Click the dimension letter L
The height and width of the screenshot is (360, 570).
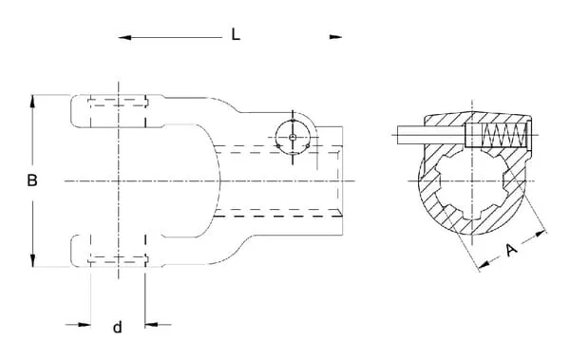(x=236, y=34)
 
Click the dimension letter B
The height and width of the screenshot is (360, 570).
(x=32, y=180)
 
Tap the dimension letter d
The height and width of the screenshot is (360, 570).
(x=118, y=328)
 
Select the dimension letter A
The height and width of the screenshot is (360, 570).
(x=511, y=250)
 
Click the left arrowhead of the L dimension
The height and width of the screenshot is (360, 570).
(x=124, y=37)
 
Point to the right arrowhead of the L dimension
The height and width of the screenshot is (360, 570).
(x=335, y=37)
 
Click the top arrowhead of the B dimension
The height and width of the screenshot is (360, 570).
(x=32, y=101)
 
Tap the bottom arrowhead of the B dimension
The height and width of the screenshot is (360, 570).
(x=32, y=260)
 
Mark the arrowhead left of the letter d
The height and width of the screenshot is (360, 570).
(x=85, y=324)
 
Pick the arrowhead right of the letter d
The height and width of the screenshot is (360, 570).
(x=151, y=324)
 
